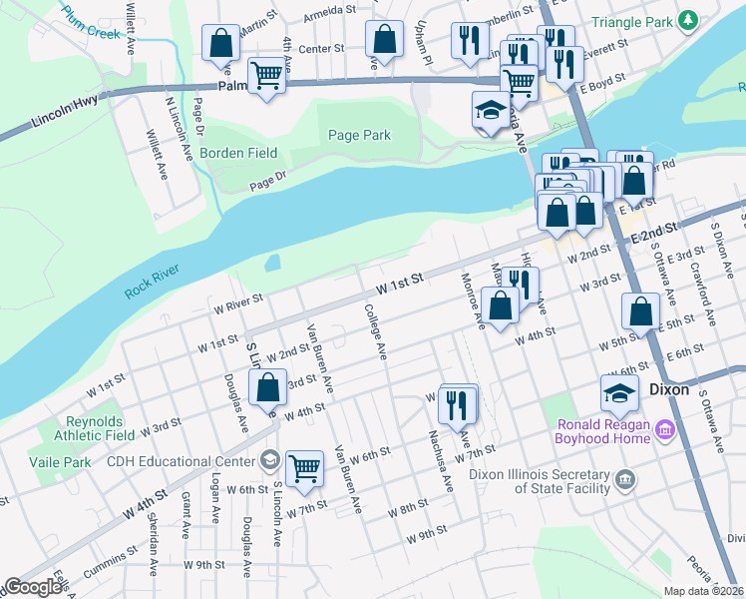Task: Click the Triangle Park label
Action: tap(632, 21)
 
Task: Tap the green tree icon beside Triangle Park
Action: tap(686, 21)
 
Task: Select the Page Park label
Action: tap(359, 136)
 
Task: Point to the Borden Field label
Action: tap(238, 153)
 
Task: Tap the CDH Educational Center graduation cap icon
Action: tap(268, 460)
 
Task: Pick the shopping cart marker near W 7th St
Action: tap(304, 465)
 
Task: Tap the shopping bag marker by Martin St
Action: tap(221, 43)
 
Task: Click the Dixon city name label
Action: tap(669, 389)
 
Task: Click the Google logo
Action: tap(33, 587)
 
